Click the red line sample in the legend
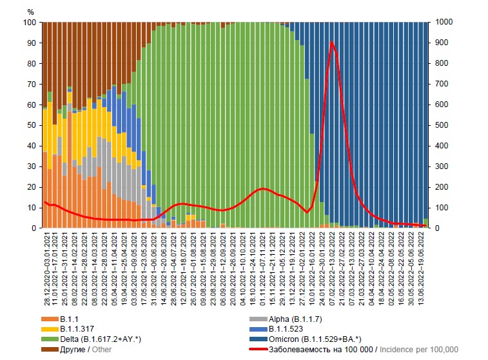259,349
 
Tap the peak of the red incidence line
331,43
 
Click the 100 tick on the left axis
30,23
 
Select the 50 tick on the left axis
32,125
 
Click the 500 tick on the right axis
441,125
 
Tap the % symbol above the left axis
31,12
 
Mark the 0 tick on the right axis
436,228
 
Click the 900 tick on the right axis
441,43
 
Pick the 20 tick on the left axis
32,187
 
